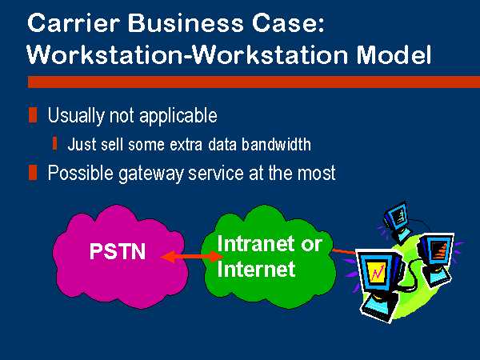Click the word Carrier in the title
coord(73,23)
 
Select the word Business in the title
coord(186,23)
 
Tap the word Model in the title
coord(394,54)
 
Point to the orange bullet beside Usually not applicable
coord(33,115)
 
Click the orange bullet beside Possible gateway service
coord(33,173)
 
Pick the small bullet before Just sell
coord(54,143)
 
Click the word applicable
coord(178,116)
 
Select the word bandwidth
coord(276,144)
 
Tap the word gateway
coord(151,174)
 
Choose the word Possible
coord(81,173)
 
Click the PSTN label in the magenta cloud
coord(118,251)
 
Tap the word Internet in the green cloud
coord(256,269)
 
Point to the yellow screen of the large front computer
coord(378,272)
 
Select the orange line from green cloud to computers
coord(344,252)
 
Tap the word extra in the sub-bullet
coord(186,145)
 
